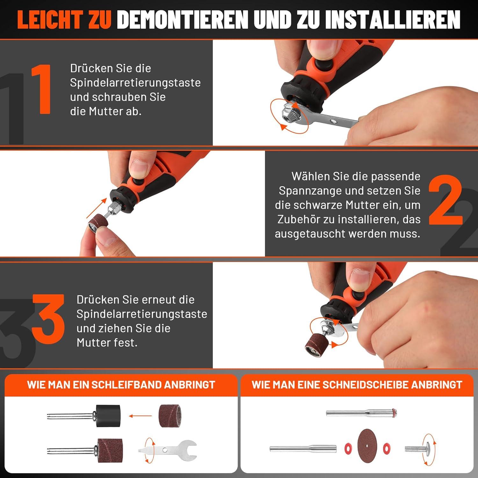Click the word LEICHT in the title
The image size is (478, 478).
[51, 19]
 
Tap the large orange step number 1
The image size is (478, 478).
[41, 89]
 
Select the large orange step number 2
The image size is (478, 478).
[445, 200]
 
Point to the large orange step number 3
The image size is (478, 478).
[48, 319]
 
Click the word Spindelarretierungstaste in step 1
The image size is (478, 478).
[135, 83]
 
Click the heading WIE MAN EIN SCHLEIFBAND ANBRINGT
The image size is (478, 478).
[121, 385]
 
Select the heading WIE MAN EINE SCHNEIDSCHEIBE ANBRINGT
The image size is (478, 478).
[357, 385]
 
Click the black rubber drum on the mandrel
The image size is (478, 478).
[108, 416]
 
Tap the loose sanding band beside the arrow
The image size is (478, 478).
[170, 416]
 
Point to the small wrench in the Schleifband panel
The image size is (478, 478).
[168, 450]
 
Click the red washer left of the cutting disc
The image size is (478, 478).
[348, 448]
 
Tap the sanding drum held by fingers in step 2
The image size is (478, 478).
[98, 224]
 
